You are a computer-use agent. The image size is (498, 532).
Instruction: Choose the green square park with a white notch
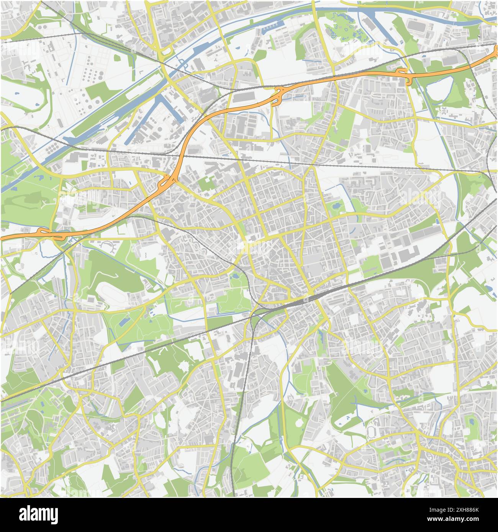[206, 184]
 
